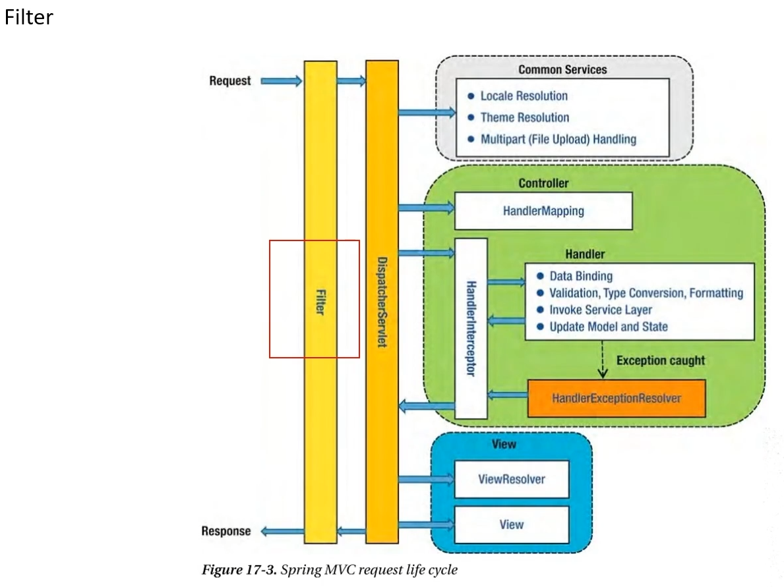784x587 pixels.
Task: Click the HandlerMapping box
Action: point(543,211)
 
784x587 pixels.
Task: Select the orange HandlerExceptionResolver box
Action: point(617,398)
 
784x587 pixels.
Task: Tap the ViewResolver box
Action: point(512,479)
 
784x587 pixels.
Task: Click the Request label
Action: point(230,81)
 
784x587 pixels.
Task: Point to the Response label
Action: point(226,531)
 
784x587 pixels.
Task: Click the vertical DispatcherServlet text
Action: point(382,302)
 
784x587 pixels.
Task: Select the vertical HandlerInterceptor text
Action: point(471,328)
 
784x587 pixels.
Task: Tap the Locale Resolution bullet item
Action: point(524,96)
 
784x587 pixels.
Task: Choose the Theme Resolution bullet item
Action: point(524,117)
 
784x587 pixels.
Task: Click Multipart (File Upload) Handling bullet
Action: point(558,139)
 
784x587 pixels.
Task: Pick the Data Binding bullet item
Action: point(580,276)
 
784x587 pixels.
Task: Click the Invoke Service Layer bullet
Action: point(600,310)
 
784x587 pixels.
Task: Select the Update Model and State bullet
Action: point(608,327)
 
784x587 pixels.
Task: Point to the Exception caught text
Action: point(661,360)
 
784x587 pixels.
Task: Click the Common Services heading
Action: point(562,69)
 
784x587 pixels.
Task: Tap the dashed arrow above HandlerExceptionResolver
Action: point(603,360)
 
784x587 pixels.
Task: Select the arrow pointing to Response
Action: point(282,531)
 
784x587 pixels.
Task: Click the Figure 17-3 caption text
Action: point(329,569)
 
